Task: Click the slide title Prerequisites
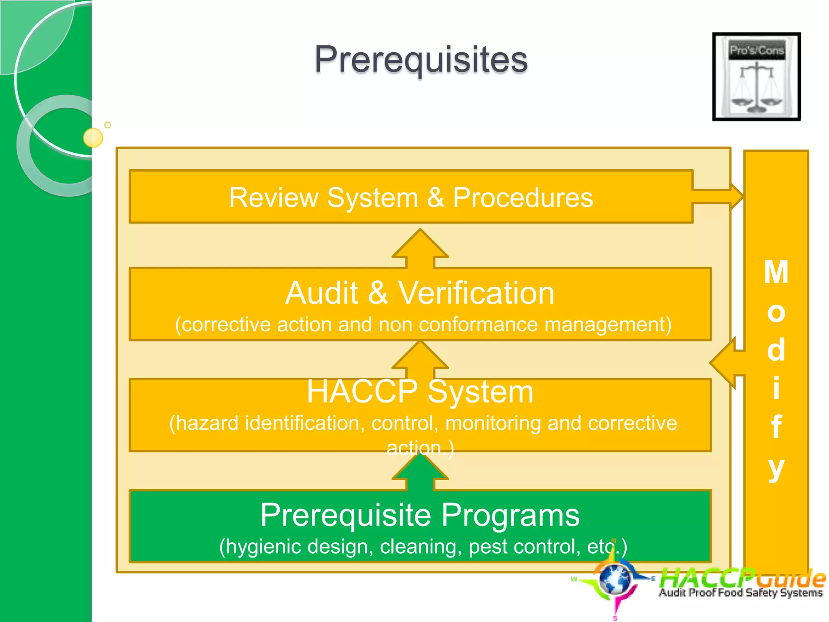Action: [421, 60]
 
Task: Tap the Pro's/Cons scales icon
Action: [756, 77]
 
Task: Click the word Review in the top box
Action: [274, 198]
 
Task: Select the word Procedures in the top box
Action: [523, 198]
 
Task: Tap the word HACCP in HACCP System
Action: [362, 392]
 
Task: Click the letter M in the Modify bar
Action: [776, 272]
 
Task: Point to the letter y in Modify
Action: [776, 468]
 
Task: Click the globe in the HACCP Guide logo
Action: [615, 579]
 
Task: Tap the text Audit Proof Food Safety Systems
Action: [740, 593]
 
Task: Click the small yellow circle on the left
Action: [93, 137]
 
